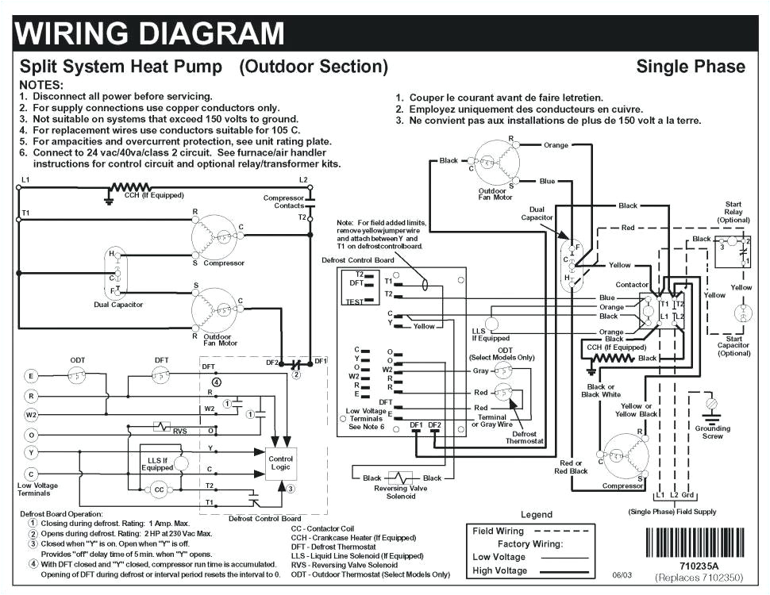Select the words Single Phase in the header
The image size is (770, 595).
(x=690, y=67)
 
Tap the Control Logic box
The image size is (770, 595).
(x=280, y=463)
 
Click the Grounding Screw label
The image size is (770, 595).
(x=712, y=432)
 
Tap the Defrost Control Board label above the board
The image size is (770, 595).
(x=357, y=260)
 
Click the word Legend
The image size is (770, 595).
(x=536, y=515)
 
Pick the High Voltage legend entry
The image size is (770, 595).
(x=499, y=570)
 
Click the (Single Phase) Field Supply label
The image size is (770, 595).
(x=672, y=511)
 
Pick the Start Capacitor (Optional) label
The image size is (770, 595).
(x=733, y=346)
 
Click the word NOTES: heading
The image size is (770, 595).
(x=41, y=84)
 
